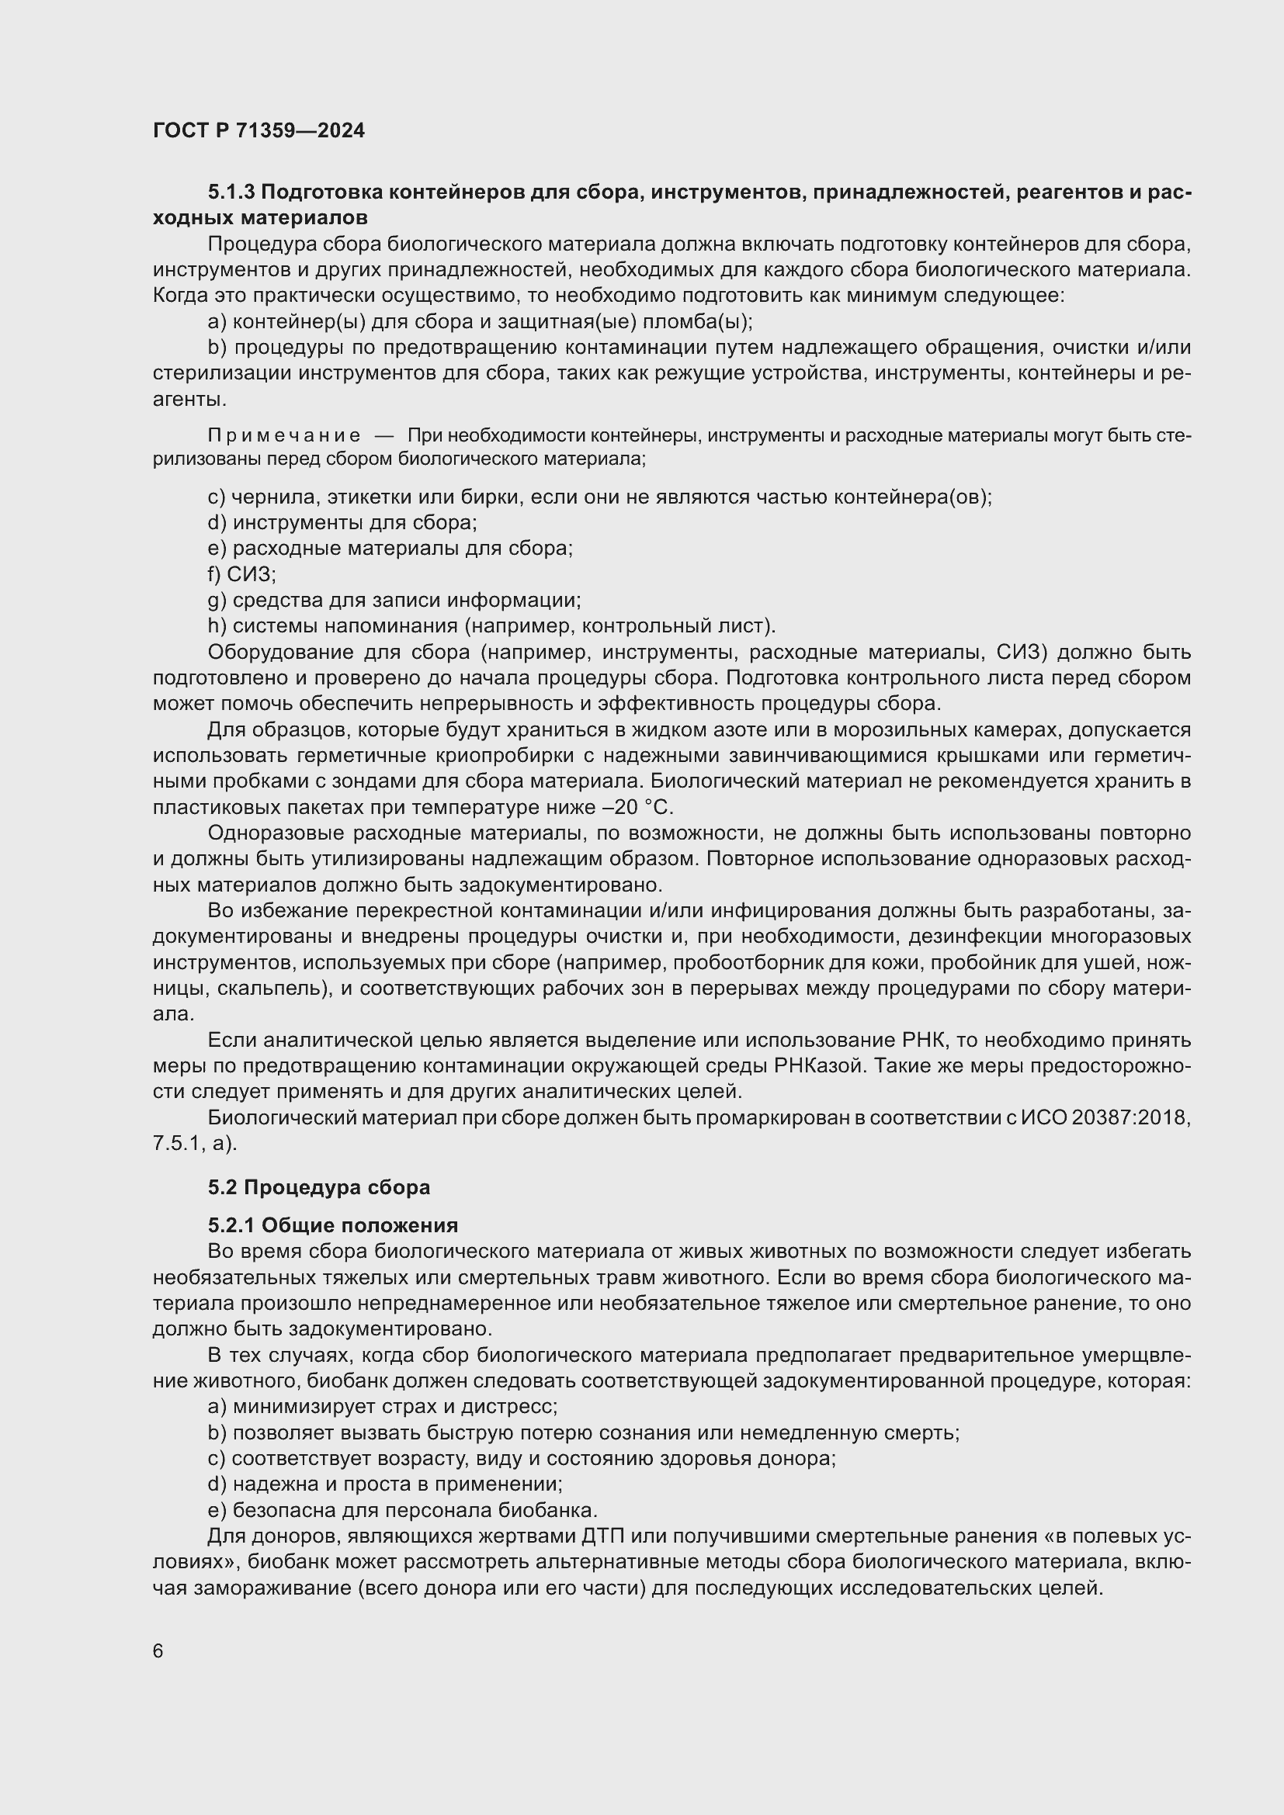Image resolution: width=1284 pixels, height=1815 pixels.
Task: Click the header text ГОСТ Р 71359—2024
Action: [x=259, y=130]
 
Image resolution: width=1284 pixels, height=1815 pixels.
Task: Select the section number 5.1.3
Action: [x=231, y=192]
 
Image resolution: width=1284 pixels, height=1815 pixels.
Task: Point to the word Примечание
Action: [x=284, y=435]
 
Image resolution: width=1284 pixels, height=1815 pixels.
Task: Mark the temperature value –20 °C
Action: [x=637, y=807]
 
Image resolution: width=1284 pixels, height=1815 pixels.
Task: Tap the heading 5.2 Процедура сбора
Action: [x=318, y=1187]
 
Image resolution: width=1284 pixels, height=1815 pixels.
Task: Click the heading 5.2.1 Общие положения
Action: [x=333, y=1226]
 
